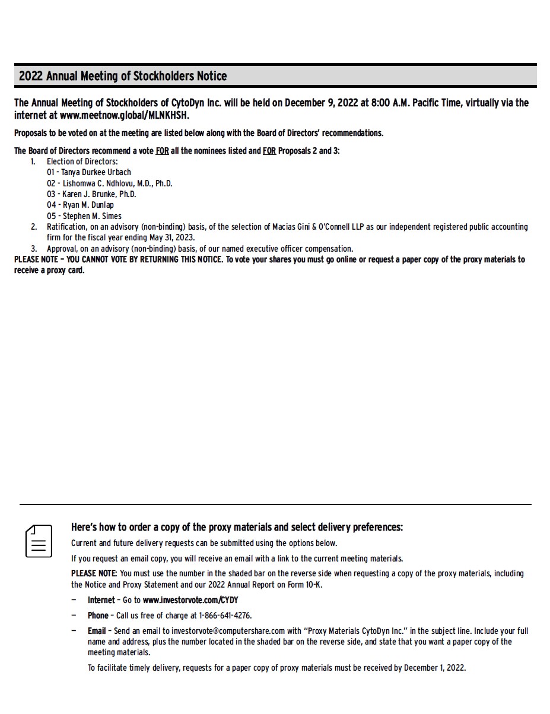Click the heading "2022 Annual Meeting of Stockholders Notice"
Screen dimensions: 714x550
pyautogui.click(x=123, y=76)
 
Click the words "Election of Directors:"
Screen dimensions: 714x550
pyautogui.click(x=82, y=161)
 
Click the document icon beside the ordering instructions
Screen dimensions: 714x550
pyautogui.click(x=39, y=541)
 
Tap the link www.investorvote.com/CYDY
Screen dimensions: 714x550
pyautogui.click(x=190, y=600)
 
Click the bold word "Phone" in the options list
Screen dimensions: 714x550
pyautogui.click(x=98, y=615)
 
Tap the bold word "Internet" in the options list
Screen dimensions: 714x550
pyautogui.click(x=101, y=600)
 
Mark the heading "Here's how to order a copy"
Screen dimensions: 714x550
pyautogui.click(x=237, y=527)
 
